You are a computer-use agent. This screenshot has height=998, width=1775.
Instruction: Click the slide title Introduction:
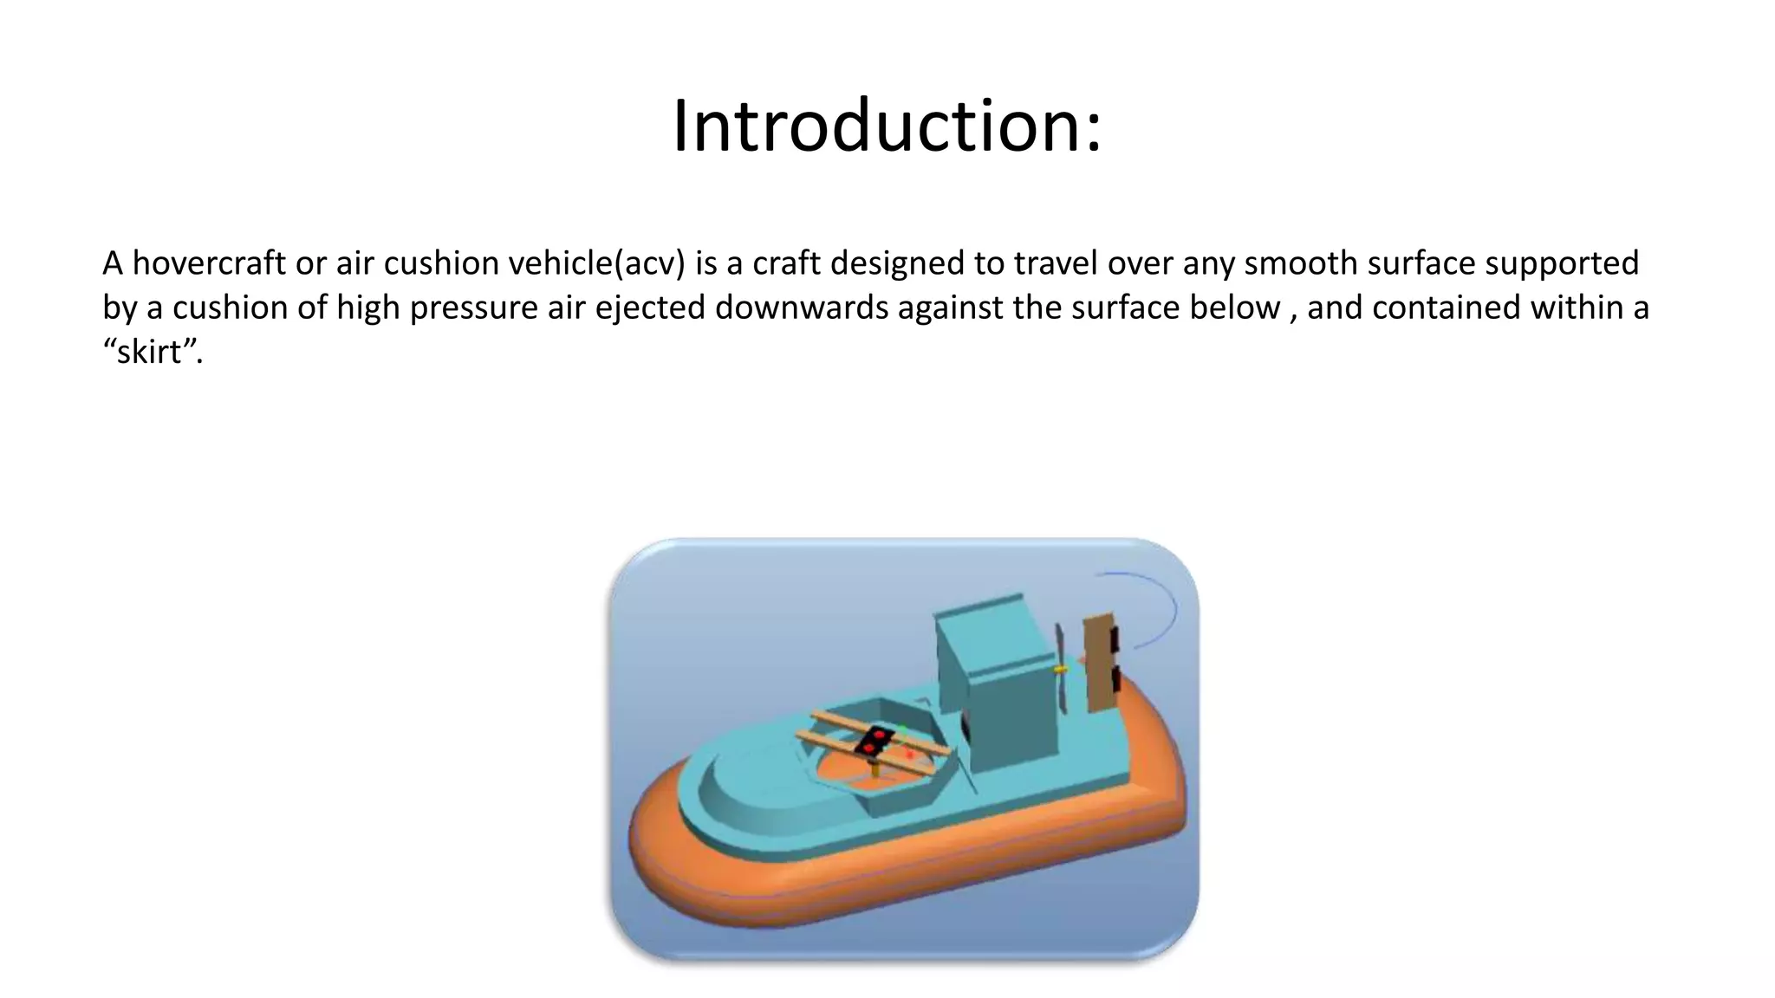tap(887, 126)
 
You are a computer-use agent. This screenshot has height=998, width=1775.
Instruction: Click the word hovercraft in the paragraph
tap(209, 263)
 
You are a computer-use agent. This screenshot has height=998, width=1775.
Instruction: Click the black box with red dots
tap(874, 742)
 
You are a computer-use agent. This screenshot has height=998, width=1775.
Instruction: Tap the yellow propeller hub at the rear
tap(1059, 670)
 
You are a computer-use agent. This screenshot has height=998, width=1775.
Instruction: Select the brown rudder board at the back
tap(1100, 663)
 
